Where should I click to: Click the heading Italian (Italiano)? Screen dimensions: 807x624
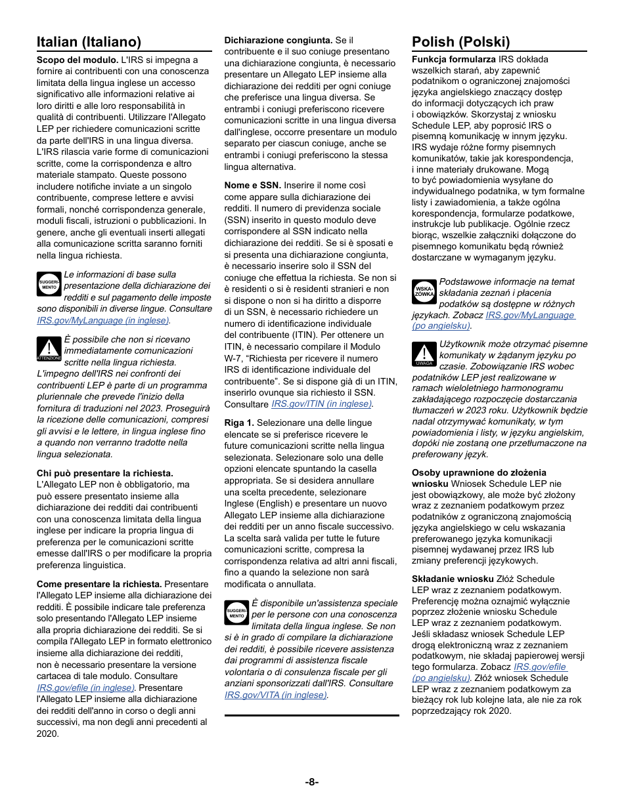(89, 42)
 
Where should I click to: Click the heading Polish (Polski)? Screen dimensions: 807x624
(460, 42)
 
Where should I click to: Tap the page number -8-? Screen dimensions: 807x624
(312, 781)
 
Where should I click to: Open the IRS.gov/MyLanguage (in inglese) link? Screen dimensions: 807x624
(103, 320)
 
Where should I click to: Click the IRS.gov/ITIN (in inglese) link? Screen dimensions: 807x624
(321, 404)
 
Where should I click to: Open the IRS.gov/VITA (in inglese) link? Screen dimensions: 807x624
(275, 695)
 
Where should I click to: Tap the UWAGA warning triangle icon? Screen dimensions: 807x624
(424, 354)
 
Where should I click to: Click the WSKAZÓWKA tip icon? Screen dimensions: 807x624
(424, 292)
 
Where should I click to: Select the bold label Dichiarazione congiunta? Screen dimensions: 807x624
(279, 40)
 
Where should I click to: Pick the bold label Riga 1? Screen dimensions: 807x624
(239, 423)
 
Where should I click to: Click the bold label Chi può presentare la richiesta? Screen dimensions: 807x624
(105, 473)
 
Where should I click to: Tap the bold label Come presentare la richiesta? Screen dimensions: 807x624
(99, 584)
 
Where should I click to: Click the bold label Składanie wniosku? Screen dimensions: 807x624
(453, 579)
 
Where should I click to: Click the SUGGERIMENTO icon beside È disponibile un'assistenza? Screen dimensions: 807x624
(236, 612)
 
